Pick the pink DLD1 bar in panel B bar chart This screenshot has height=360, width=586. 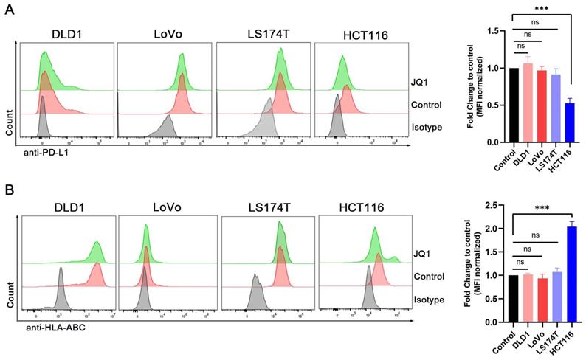(528, 299)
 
